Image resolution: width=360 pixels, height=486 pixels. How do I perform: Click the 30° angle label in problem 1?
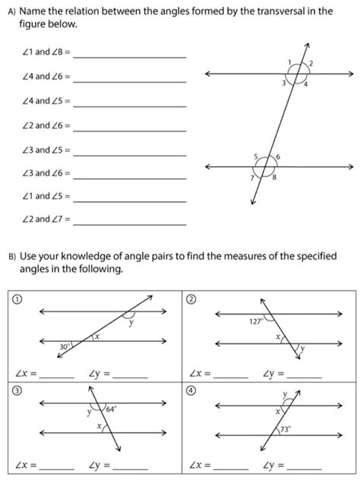(x=66, y=346)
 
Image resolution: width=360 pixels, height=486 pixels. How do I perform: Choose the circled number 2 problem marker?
(x=191, y=299)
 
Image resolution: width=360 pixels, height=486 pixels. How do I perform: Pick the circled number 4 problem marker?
(x=191, y=390)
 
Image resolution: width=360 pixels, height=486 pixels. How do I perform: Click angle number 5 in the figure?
(x=256, y=156)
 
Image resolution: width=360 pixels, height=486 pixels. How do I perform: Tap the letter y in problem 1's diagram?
(x=130, y=322)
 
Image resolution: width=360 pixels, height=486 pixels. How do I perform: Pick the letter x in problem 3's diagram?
(x=98, y=427)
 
